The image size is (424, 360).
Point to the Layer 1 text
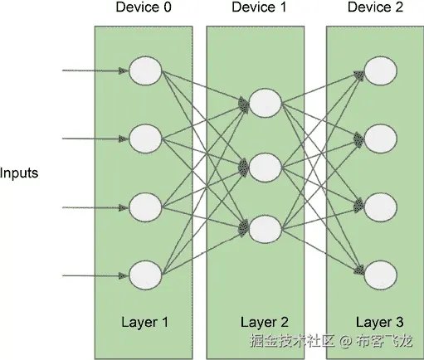point(144,321)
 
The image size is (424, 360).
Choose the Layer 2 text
point(265,321)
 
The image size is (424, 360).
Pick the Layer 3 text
point(380,321)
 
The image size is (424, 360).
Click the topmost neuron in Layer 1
point(144,71)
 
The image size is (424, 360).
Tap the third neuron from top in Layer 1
point(144,204)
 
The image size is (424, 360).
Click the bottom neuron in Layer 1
point(144,272)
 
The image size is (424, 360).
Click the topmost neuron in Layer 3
point(378,71)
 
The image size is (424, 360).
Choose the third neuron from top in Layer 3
point(378,204)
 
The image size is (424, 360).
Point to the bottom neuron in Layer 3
point(378,272)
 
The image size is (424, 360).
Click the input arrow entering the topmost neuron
point(95,71)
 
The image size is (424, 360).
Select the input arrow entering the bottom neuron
point(95,272)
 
